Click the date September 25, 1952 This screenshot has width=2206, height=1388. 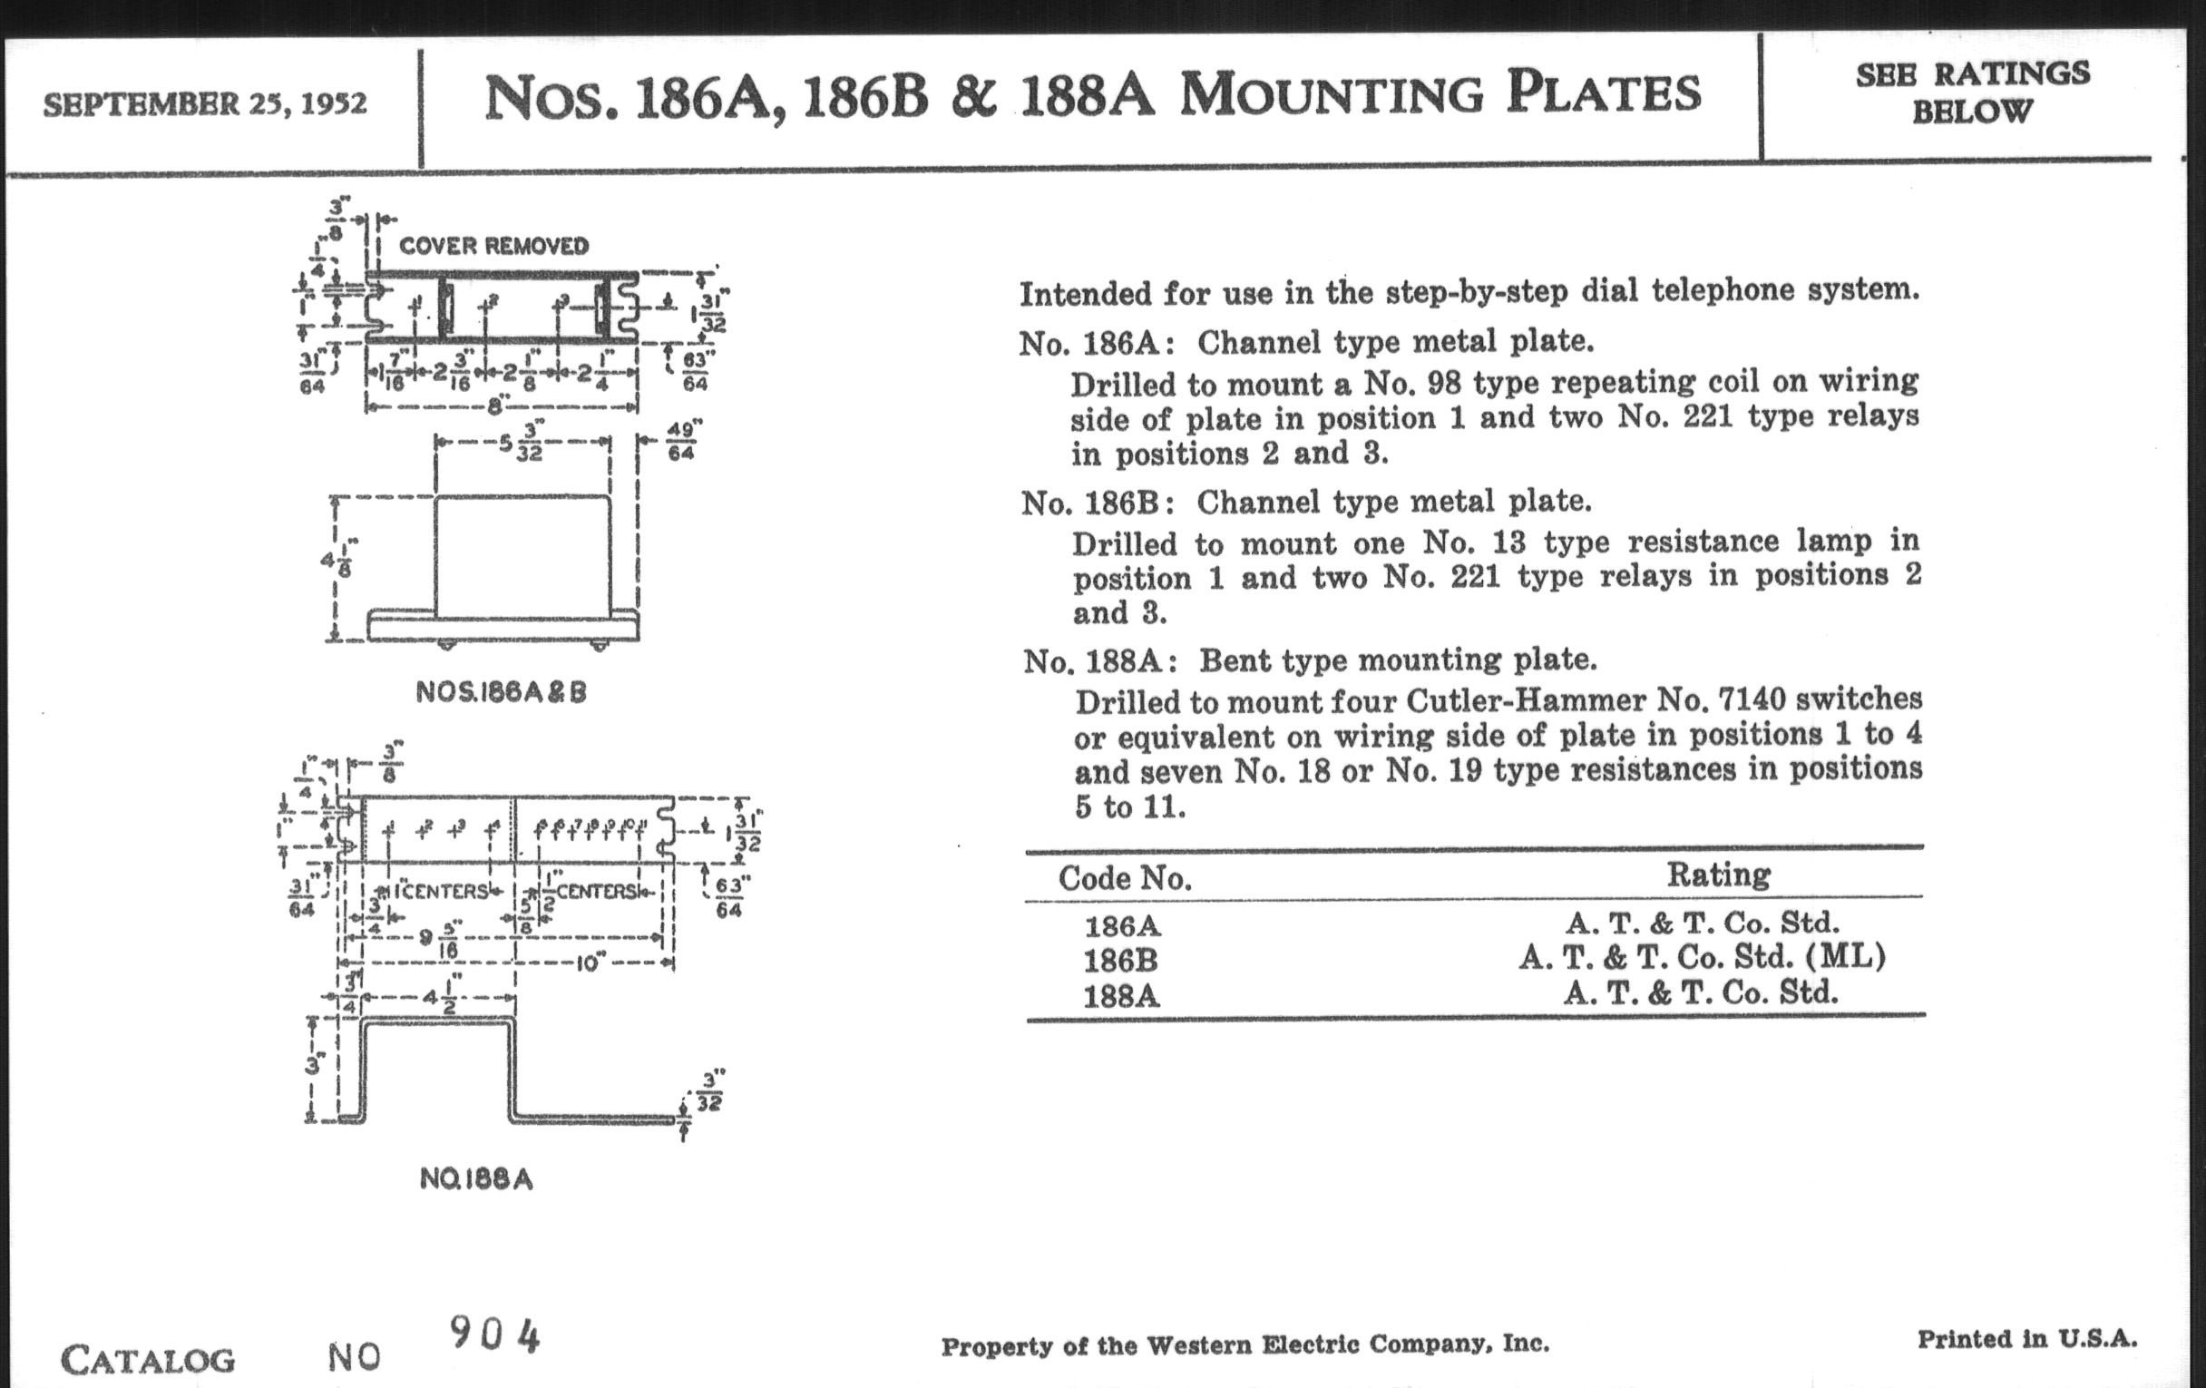204,103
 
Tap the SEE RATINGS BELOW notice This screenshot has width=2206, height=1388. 1972,93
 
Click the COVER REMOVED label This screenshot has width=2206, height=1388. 493,246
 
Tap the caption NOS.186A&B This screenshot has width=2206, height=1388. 500,691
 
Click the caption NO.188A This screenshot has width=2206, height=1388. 475,1178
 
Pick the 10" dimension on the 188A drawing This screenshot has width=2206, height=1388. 590,963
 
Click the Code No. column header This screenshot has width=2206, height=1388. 1124,878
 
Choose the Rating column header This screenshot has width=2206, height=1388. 1718,874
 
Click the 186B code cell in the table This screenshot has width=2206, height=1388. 1120,960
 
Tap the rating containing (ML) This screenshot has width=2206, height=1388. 1702,956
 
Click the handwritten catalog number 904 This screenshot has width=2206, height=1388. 494,1335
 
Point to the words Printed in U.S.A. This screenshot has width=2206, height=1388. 2026,1338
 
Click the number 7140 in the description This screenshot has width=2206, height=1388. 1752,699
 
